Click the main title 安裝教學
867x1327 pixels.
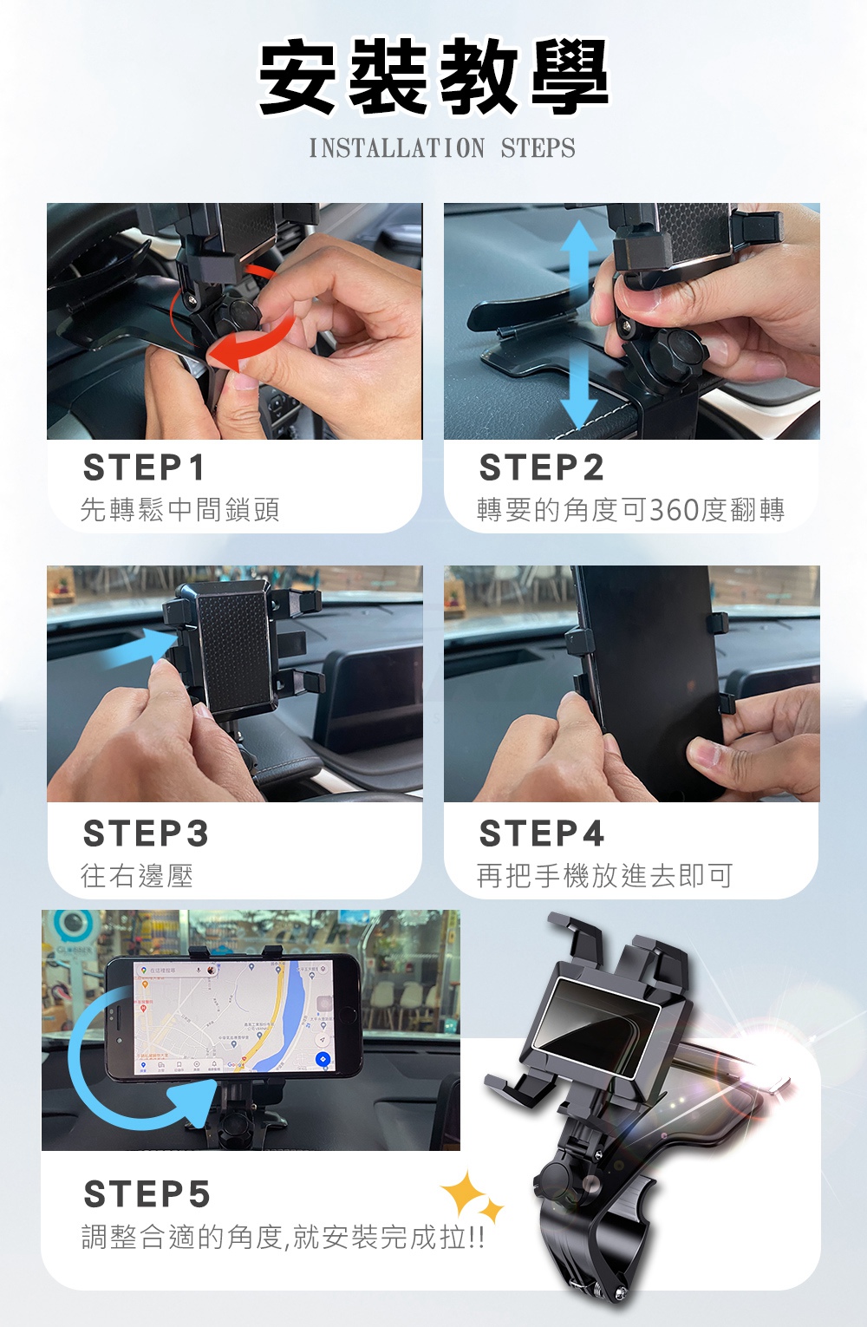(433, 78)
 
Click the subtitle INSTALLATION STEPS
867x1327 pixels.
(442, 148)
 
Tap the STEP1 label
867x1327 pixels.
(144, 468)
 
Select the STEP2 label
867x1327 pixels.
(541, 468)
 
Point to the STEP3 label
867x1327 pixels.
(146, 834)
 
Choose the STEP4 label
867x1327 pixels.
(541, 834)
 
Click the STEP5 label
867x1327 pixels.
(147, 1195)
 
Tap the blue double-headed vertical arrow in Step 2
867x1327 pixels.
(578, 325)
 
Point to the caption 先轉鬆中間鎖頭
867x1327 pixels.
(180, 510)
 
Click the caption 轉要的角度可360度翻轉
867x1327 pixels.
(630, 510)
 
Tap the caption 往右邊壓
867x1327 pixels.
(137, 876)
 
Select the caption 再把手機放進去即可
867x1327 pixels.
(604, 876)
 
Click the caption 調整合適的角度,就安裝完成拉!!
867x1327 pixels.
(283, 1237)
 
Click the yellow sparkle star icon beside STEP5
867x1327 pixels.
(470, 1197)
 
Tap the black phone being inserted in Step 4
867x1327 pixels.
(650, 677)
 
